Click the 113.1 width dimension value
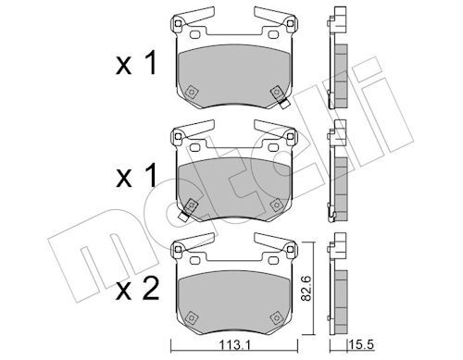click(234, 344)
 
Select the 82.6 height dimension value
click(307, 288)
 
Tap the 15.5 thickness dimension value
click(361, 344)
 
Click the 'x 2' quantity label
click(137, 289)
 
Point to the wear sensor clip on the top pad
click(283, 103)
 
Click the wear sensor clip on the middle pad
click(183, 216)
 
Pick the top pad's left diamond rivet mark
click(192, 92)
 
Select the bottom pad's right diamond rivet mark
click(276, 317)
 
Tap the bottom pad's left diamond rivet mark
click(192, 317)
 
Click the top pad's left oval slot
click(194, 35)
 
